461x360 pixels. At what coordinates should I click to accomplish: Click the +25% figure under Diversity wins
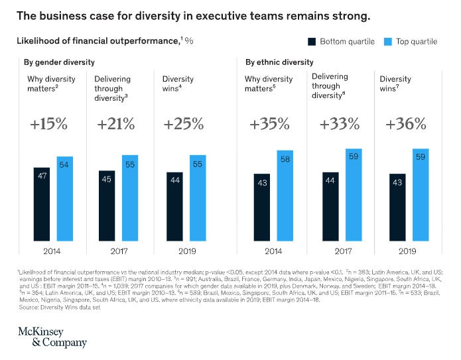point(181,124)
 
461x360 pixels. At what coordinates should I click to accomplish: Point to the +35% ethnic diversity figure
point(269,124)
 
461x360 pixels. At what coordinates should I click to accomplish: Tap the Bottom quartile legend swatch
point(311,41)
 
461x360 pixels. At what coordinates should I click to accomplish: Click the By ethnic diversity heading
point(279,63)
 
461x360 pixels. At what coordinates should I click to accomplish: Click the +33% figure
point(339,124)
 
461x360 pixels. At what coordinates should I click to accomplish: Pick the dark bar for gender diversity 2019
point(174,212)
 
